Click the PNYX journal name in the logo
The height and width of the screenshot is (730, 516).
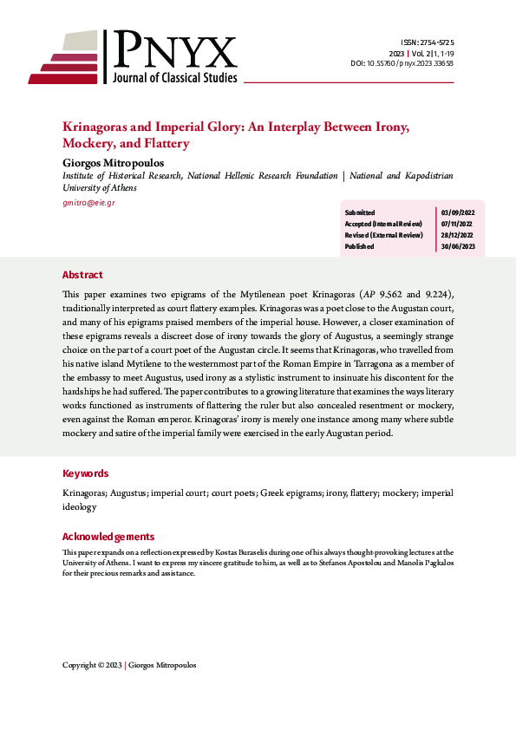pos(173,51)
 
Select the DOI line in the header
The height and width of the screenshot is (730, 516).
pos(415,63)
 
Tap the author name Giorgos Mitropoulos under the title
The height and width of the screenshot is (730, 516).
pos(114,161)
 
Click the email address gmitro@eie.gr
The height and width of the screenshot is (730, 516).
pos(88,202)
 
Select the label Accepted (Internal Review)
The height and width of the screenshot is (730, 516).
pos(384,224)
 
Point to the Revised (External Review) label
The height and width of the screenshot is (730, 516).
pos(383,235)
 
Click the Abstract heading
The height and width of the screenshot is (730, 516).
pos(82,275)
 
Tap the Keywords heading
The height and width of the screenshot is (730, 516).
pos(86,473)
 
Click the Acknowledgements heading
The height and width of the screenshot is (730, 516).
pos(108,537)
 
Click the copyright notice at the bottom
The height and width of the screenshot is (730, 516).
pos(129,665)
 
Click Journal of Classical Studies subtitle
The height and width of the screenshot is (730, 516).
pos(174,78)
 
